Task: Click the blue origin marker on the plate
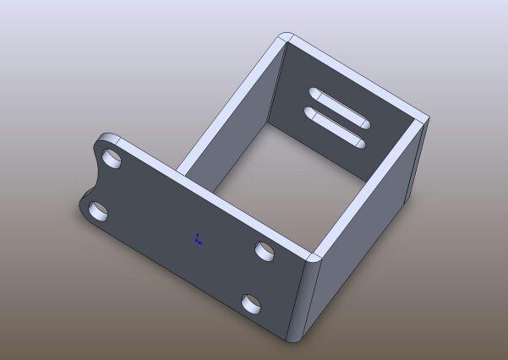tap(198, 239)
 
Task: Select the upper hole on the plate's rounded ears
tap(112, 159)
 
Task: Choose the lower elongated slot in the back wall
tap(333, 125)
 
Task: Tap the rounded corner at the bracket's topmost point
tap(286, 38)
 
